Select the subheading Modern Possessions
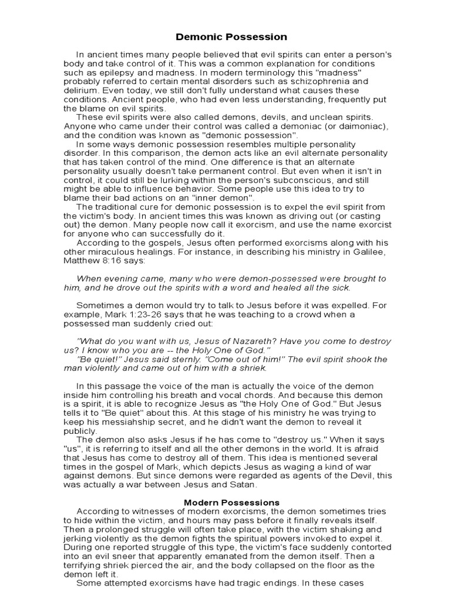point(223,503)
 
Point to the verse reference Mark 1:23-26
point(134,315)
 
